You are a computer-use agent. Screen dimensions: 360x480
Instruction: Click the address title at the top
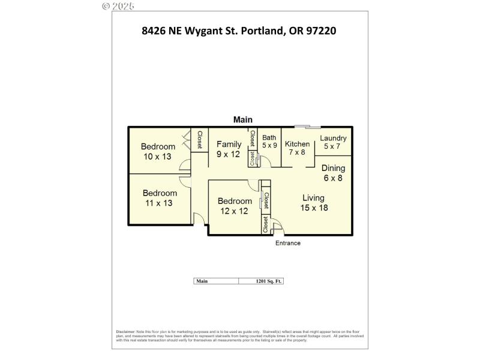pos(239,29)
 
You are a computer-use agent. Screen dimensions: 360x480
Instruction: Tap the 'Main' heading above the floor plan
pos(242,119)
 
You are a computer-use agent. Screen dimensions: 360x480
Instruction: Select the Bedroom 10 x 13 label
pos(158,151)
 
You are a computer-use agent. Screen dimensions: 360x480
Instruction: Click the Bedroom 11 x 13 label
pos(159,198)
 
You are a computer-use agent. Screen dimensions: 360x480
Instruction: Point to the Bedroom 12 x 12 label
pos(234,206)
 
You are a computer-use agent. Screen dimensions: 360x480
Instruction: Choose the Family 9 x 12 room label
pos(229,149)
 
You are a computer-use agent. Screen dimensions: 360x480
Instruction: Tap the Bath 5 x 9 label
pos(269,141)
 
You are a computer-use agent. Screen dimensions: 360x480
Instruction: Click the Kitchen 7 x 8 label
pos(297,148)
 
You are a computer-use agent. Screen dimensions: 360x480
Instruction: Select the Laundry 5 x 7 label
pos(333,142)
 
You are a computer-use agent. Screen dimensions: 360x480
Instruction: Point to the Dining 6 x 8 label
pos(333,173)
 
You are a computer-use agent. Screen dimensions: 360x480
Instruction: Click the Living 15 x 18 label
pos(313,202)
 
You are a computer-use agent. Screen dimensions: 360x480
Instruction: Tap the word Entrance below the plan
pos(287,243)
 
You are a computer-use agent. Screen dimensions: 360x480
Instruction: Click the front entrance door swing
pos(277,227)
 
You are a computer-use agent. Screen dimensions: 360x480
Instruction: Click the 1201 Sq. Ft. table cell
pos(261,281)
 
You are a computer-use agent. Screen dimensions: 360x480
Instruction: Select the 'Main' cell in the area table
pos(216,281)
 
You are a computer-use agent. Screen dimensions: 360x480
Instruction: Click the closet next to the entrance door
pos(265,224)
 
